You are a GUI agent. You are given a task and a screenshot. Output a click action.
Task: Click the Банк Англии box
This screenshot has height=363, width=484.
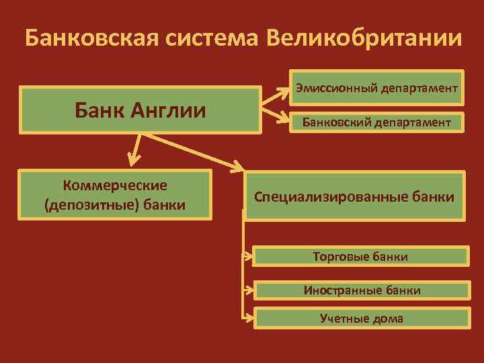coord(140,110)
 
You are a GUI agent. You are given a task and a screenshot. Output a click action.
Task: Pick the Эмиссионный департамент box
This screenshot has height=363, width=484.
coord(377,88)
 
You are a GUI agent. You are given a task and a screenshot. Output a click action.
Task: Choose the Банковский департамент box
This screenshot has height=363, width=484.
coord(377,122)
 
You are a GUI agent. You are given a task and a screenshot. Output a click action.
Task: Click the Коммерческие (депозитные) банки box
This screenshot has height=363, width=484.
coord(116,194)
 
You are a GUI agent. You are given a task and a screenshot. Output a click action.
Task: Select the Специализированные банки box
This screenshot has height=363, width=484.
coord(354,197)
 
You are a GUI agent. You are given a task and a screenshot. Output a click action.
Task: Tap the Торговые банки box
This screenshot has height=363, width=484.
coord(360,256)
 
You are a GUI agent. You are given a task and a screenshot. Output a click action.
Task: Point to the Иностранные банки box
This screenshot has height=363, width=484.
coord(362,290)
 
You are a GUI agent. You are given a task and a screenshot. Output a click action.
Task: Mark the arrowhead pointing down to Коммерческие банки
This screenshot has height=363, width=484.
coord(134,159)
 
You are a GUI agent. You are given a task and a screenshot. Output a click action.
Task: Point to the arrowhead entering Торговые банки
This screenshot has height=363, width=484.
coord(249,256)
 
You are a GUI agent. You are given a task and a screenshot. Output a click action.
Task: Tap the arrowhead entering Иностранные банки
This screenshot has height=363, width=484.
coord(249,290)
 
